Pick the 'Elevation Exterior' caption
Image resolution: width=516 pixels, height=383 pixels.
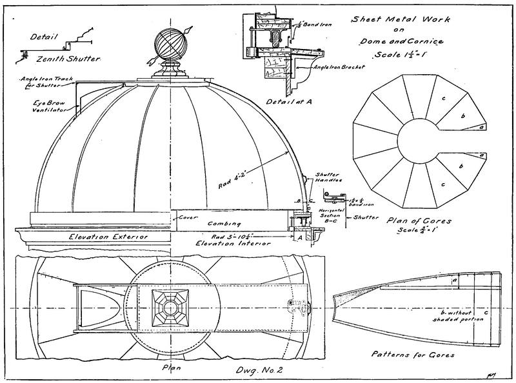(109, 237)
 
